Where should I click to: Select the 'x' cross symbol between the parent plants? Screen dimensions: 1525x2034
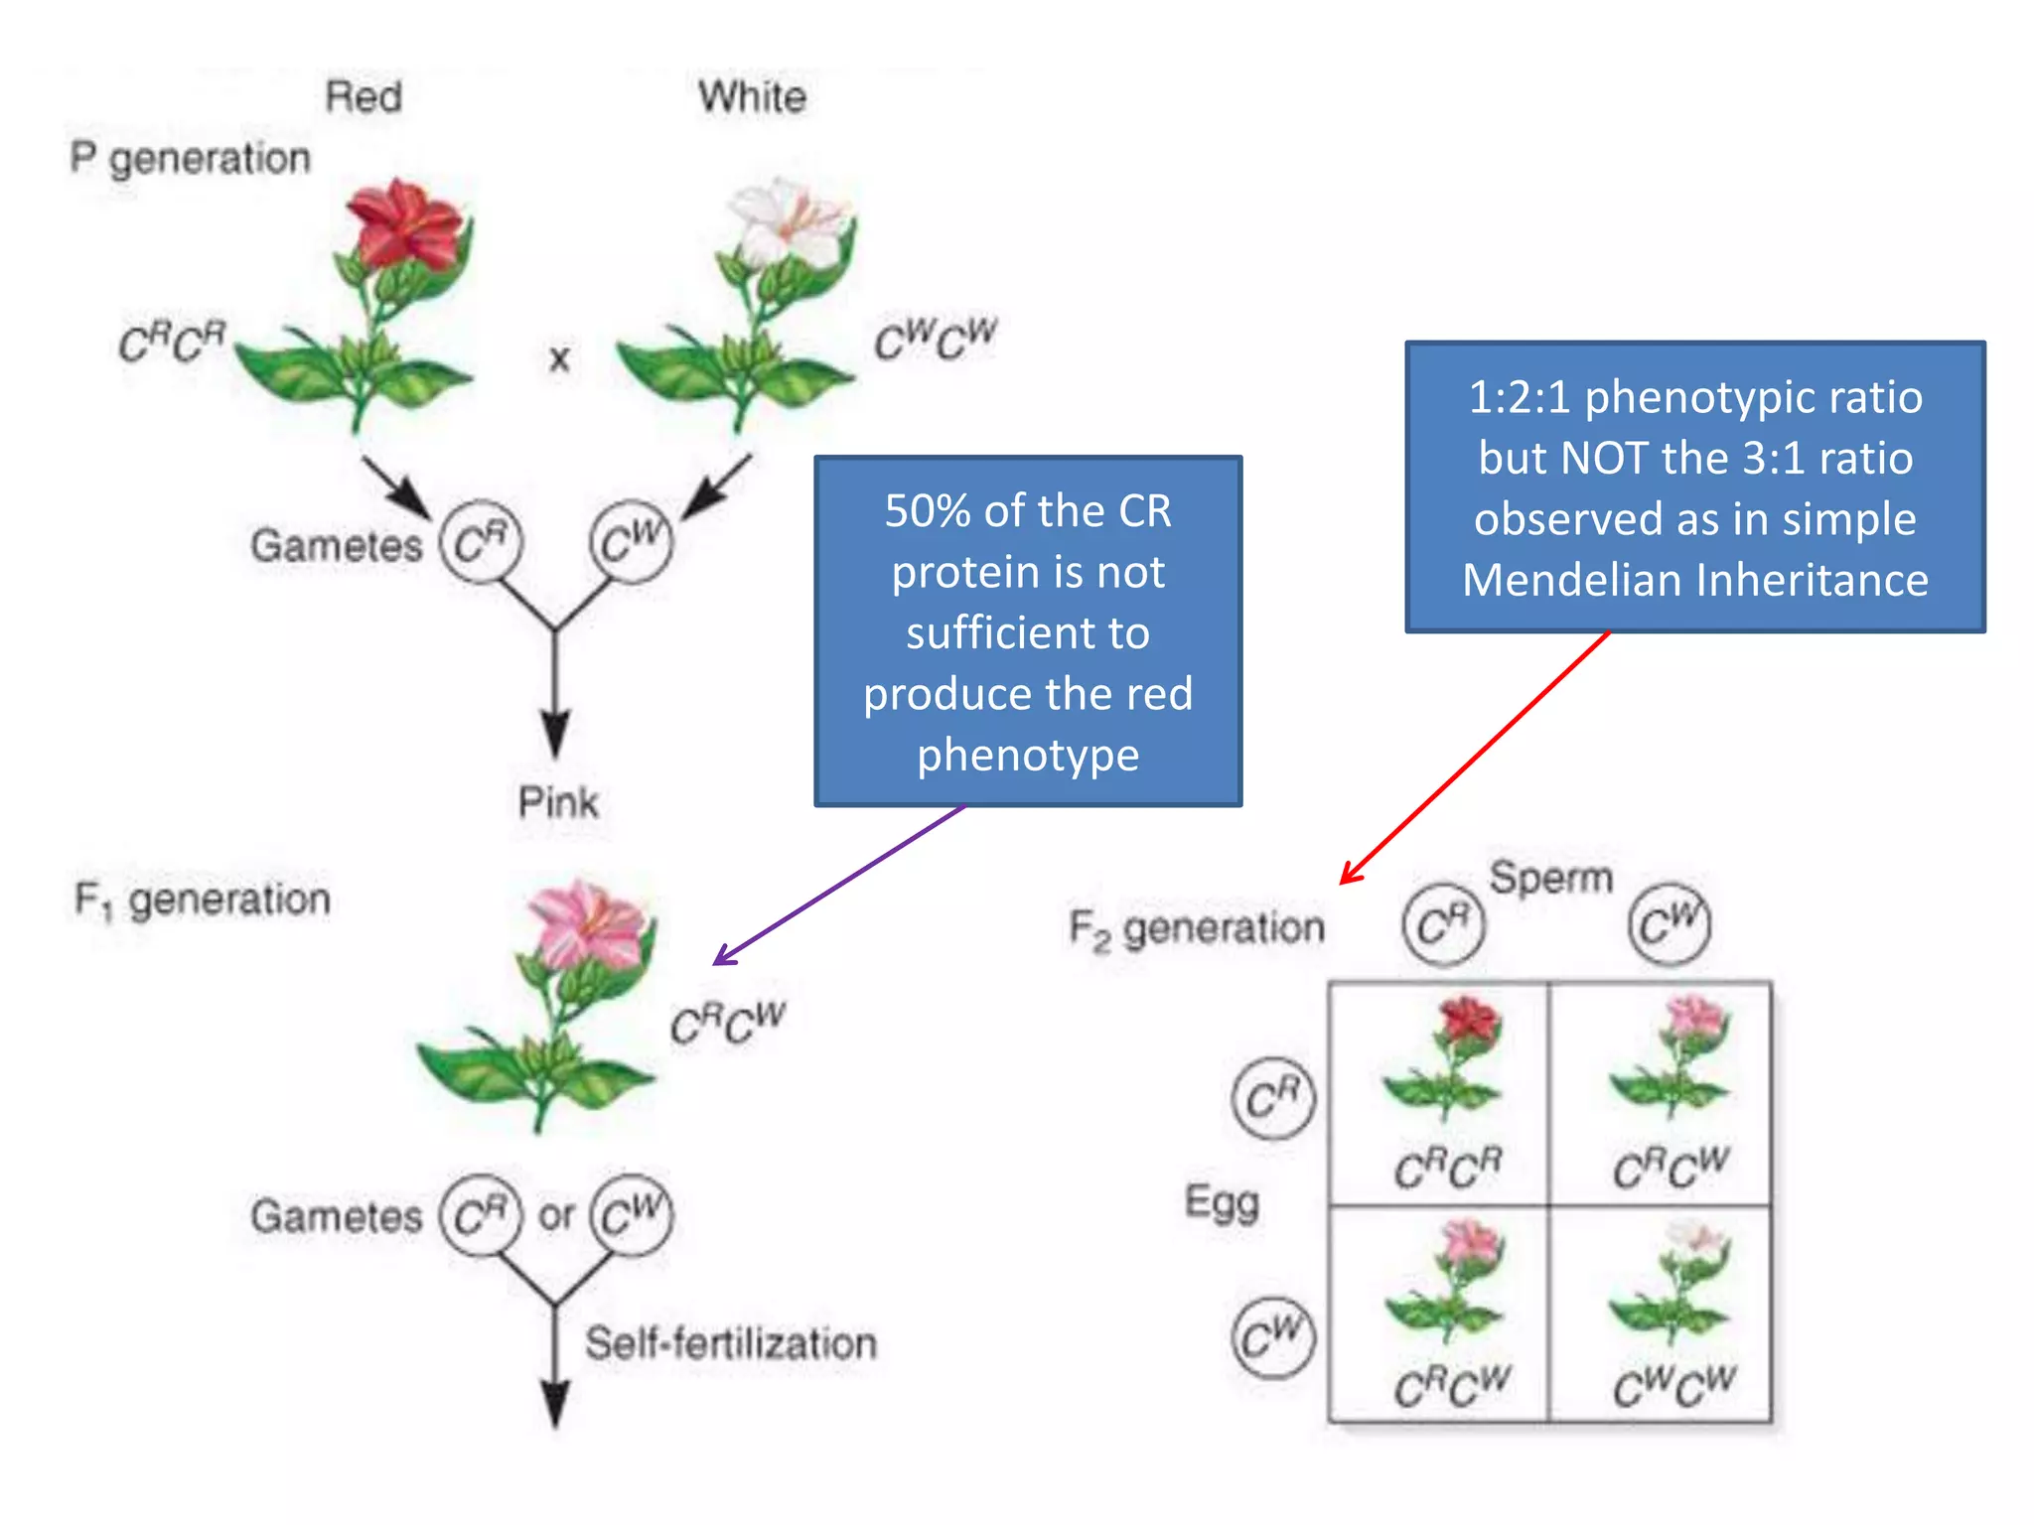pyautogui.click(x=559, y=358)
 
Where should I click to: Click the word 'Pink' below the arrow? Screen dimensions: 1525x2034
pyautogui.click(x=558, y=802)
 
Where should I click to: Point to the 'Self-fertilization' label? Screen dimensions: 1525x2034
pyautogui.click(x=731, y=1343)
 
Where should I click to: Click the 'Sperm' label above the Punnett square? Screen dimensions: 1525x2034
pyautogui.click(x=1550, y=878)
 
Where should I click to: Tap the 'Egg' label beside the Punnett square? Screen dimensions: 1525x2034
pyautogui.click(x=1222, y=1203)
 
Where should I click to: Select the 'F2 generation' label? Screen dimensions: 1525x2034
pyautogui.click(x=1197, y=929)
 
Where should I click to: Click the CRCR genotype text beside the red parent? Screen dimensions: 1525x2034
pyautogui.click(x=173, y=344)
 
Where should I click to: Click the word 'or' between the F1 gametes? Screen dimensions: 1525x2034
pyautogui.click(x=556, y=1214)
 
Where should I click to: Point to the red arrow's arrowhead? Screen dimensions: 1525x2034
pyautogui.click(x=1346, y=878)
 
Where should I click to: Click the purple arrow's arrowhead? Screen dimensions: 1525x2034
pyautogui.click(x=720, y=960)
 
